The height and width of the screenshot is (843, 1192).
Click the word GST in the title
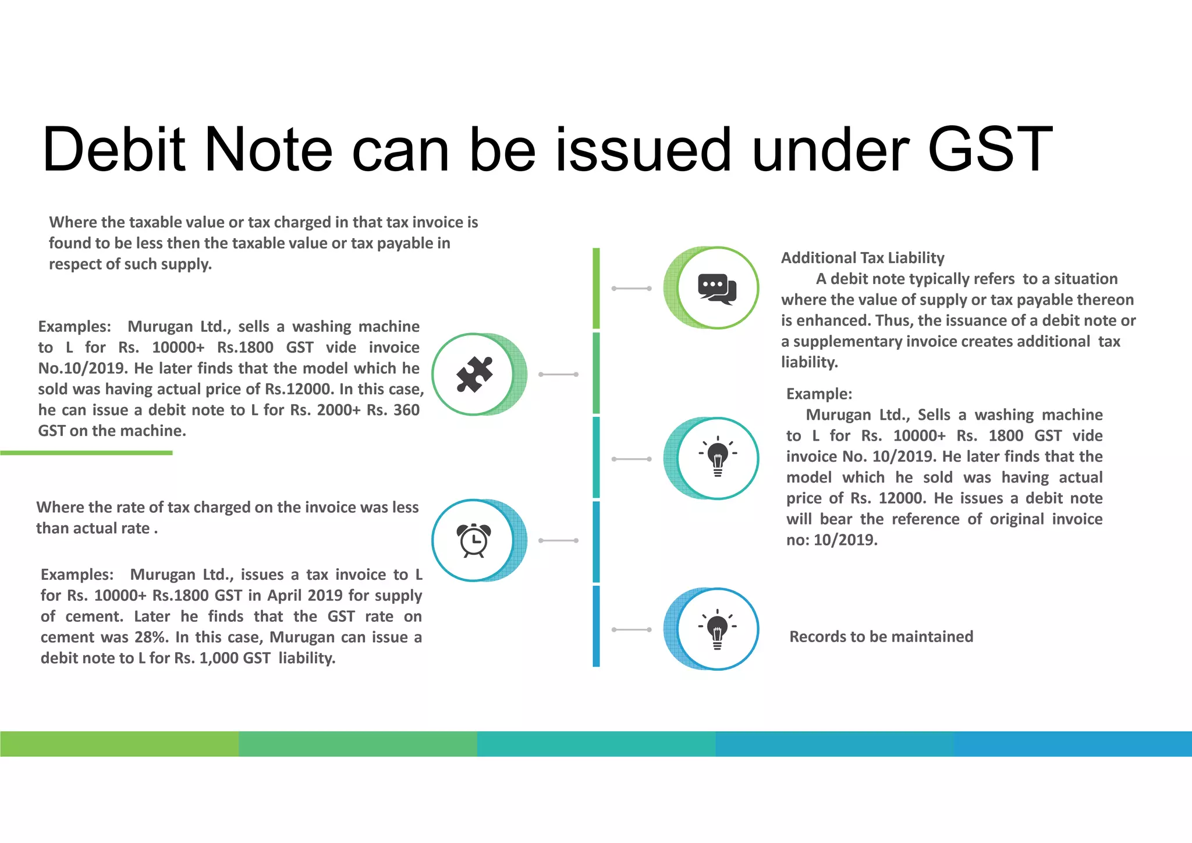tap(989, 150)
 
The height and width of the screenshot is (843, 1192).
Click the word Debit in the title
tap(113, 150)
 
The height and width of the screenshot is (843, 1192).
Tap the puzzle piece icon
tap(474, 374)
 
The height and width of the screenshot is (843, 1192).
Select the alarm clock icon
tap(474, 540)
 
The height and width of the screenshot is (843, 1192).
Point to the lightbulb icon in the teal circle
tap(718, 457)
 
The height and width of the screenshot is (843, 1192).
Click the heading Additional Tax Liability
tap(862, 258)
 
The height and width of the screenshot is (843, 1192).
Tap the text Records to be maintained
tap(881, 636)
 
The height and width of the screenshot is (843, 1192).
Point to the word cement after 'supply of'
tap(94, 616)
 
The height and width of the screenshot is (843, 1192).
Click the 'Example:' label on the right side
tap(819, 394)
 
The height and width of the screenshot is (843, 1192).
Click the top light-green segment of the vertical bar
tap(596, 288)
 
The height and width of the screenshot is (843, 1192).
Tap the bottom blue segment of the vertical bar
tap(596, 626)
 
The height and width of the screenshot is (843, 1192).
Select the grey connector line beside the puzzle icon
tap(558, 374)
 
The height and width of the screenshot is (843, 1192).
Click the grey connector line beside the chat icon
tap(632, 288)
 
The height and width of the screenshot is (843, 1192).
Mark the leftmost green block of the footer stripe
tap(119, 743)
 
